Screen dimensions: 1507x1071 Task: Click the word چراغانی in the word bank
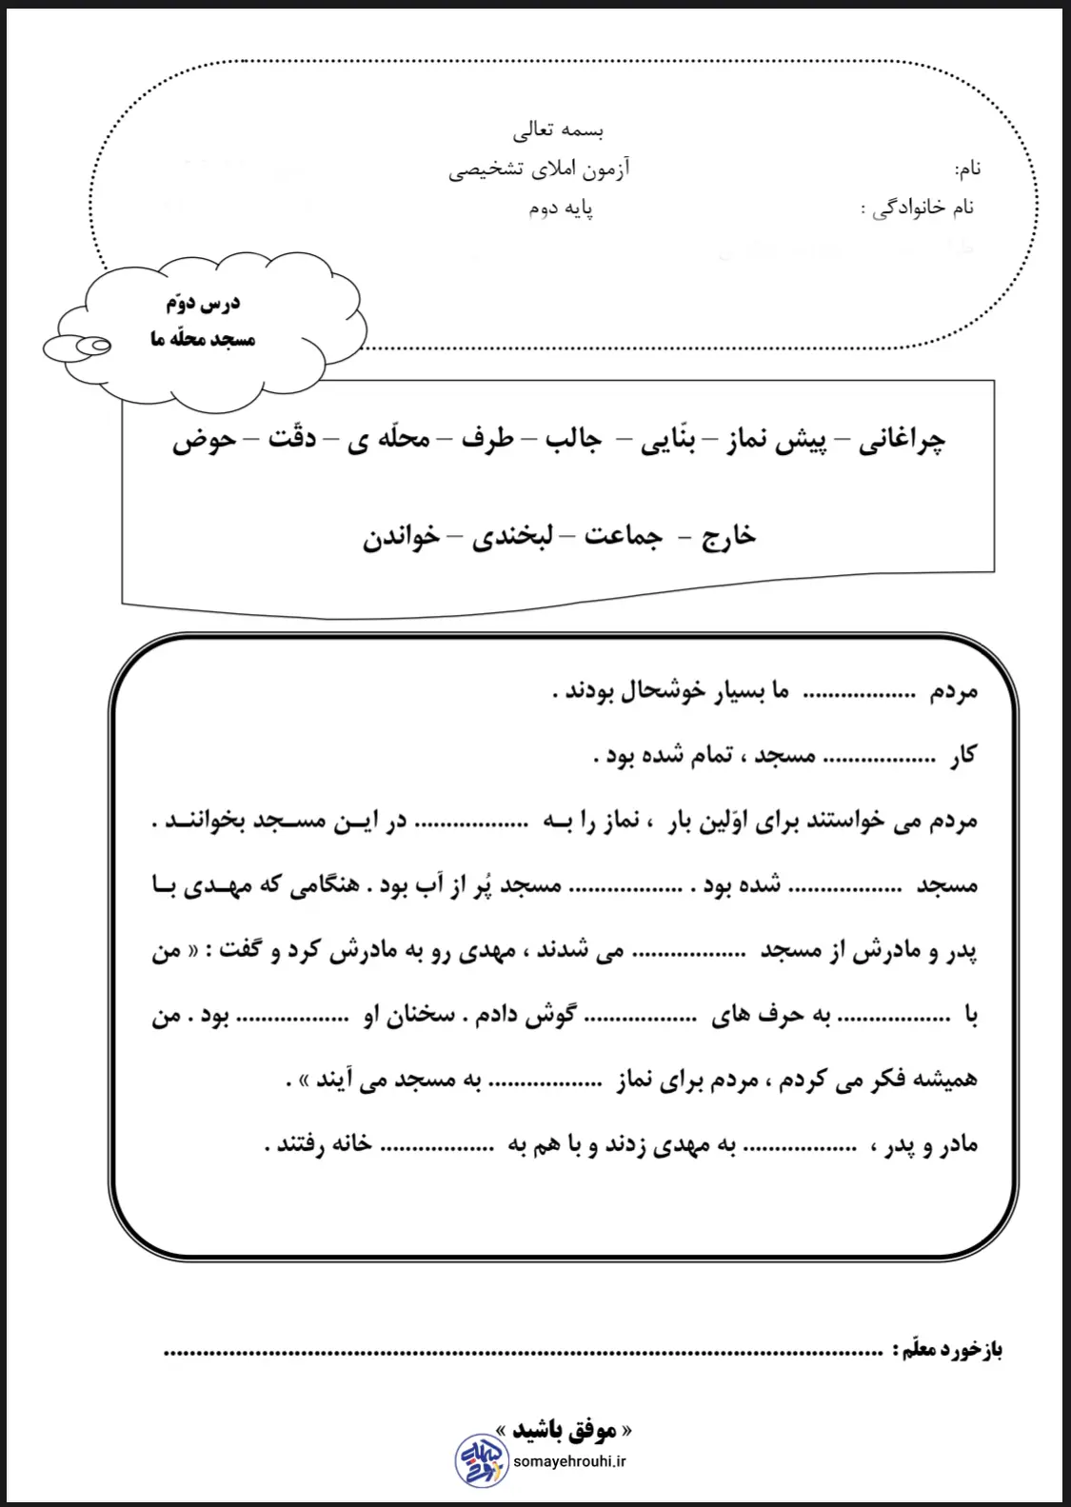pyautogui.click(x=902, y=441)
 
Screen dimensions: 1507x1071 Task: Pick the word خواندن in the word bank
pyautogui.click(x=401, y=537)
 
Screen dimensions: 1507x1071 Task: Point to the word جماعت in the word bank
pyautogui.click(x=623, y=537)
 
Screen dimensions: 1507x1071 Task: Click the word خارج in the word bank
pyautogui.click(x=728, y=537)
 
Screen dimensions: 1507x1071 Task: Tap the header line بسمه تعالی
pyautogui.click(x=559, y=129)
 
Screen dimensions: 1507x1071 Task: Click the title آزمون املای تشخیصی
pyautogui.click(x=539, y=169)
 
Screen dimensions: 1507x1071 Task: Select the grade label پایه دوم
pyautogui.click(x=561, y=208)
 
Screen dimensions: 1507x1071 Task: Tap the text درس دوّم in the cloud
pyautogui.click(x=203, y=304)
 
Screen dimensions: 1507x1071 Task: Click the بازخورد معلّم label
pyautogui.click(x=948, y=1350)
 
